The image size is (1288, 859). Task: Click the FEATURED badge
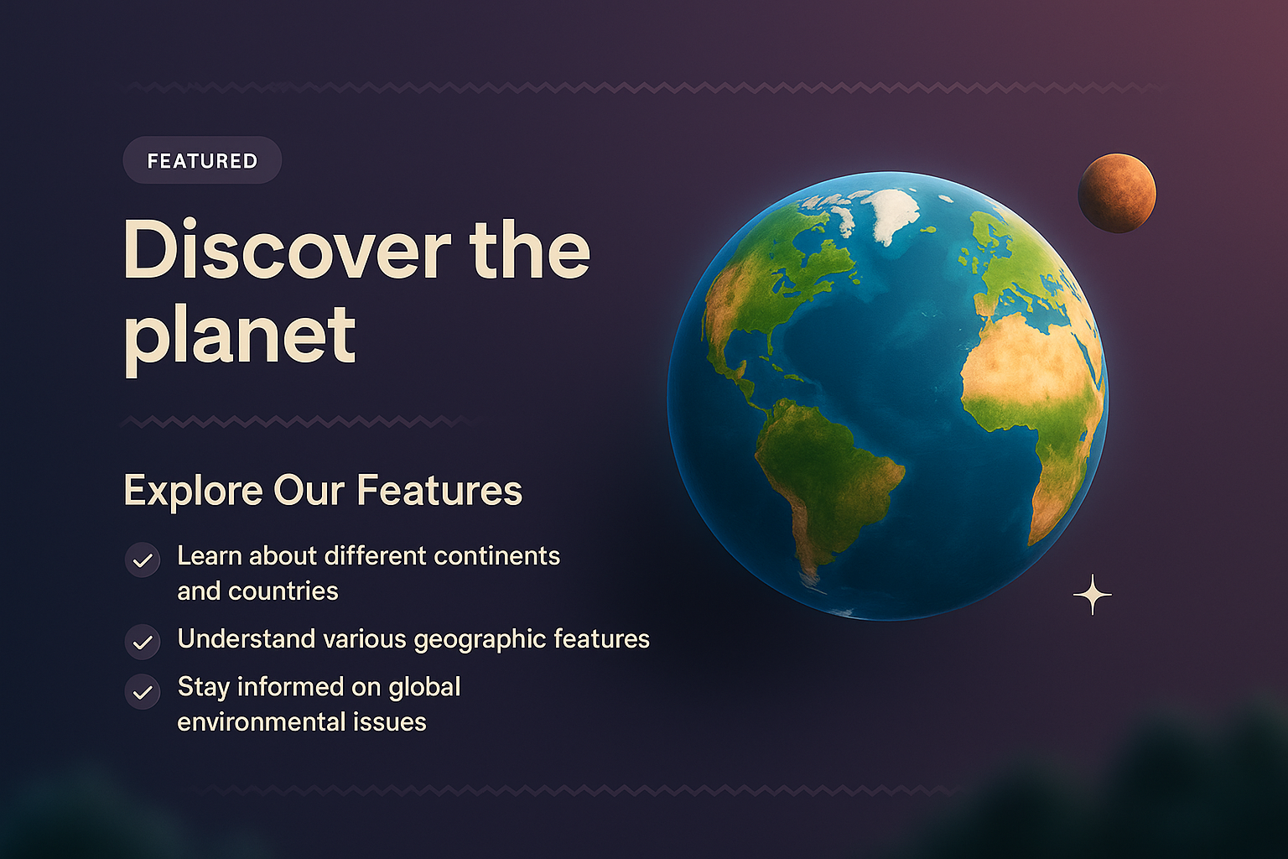202,160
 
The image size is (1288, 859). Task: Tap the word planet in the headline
240,336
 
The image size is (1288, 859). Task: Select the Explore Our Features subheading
323,491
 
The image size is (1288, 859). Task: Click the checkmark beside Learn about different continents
143,560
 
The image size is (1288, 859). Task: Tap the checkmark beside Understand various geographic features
143,643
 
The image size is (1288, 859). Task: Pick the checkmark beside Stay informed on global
143,692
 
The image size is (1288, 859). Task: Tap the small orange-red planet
1116,193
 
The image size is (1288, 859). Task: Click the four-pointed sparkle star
1092,595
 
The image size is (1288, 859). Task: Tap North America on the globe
771,277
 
